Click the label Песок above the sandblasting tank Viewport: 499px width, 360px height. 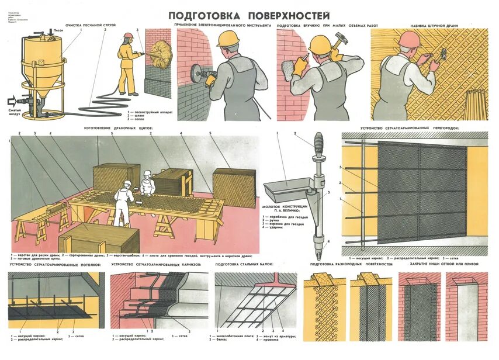click(x=58, y=30)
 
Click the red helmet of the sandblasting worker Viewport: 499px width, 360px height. click(x=128, y=36)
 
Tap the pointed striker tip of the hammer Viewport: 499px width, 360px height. click(x=319, y=255)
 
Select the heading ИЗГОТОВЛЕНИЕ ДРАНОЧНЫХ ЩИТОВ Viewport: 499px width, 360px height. click(x=120, y=127)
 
